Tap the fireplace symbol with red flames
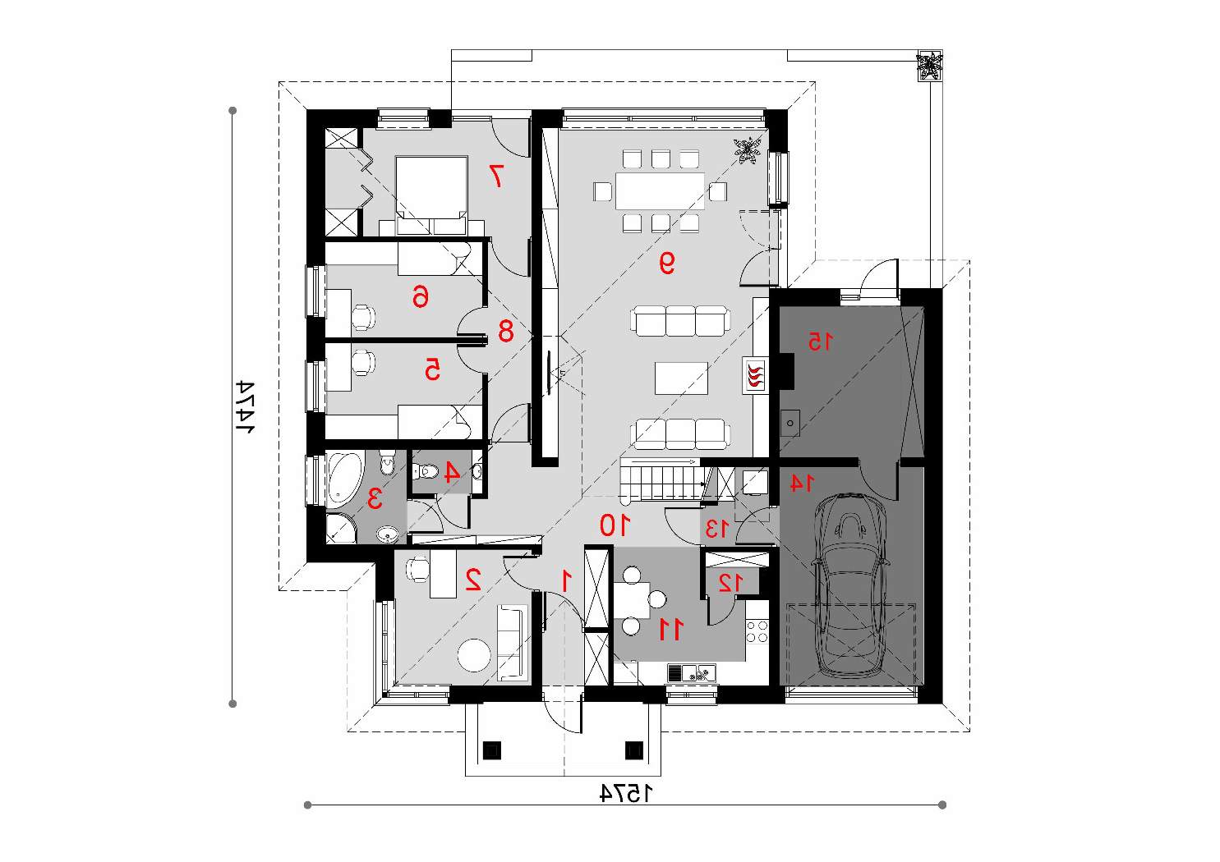click(x=754, y=375)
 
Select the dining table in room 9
click(x=660, y=191)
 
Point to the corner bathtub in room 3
click(x=344, y=479)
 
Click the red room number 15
click(x=820, y=342)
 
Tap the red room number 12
click(x=730, y=583)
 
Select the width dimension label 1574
click(x=626, y=793)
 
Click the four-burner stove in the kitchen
click(x=757, y=632)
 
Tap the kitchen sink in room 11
click(x=692, y=674)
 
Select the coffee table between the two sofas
click(x=681, y=378)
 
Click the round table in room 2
click(x=474, y=655)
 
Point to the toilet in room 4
click(x=426, y=470)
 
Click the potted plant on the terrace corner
click(x=929, y=66)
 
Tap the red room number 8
click(x=505, y=331)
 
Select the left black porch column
click(x=492, y=750)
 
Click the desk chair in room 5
click(x=363, y=362)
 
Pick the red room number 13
click(x=716, y=529)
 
